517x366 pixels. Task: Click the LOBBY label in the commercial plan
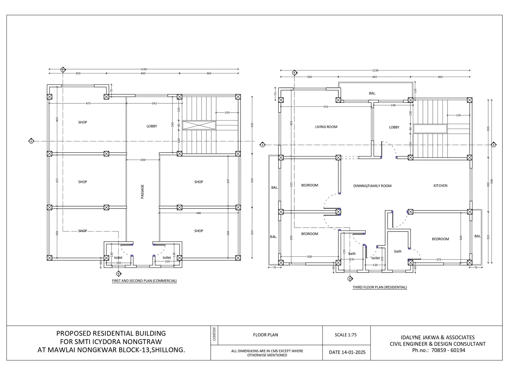point(152,126)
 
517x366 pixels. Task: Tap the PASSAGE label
point(142,191)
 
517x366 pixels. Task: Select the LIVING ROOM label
point(326,127)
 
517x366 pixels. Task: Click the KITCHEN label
point(440,186)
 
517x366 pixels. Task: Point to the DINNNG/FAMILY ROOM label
point(372,186)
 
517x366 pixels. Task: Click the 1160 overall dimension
point(143,69)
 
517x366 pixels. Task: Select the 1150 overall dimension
point(375,70)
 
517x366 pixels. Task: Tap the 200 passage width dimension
point(143,160)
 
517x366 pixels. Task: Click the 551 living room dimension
point(326,106)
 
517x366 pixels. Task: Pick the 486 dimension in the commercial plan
point(198,213)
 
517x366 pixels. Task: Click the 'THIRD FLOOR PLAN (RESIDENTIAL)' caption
point(380,287)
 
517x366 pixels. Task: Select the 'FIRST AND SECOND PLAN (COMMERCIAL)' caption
point(144,281)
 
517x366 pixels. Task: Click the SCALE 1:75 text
point(345,335)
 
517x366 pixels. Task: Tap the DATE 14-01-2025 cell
point(347,352)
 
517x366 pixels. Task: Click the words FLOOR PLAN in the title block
point(266,335)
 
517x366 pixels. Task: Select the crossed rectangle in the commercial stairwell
point(199,125)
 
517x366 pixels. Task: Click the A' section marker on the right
point(494,145)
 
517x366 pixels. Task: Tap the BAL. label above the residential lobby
point(372,93)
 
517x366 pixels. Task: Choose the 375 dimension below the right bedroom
point(438,260)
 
